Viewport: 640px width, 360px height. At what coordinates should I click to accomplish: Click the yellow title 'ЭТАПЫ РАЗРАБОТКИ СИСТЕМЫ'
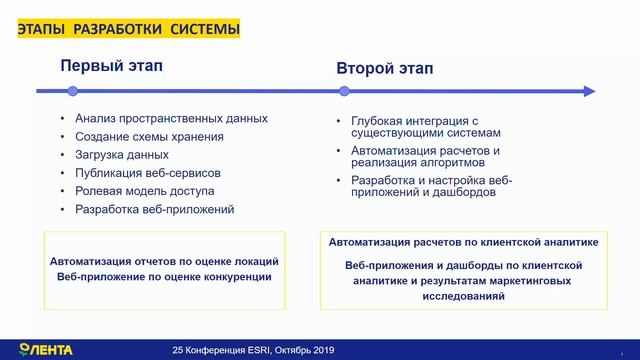coord(128,31)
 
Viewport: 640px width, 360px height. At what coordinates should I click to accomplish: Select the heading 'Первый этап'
coord(110,67)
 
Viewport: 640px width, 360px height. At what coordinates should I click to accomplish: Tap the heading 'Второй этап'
coord(384,69)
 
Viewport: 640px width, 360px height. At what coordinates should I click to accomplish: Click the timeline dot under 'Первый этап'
coord(72,91)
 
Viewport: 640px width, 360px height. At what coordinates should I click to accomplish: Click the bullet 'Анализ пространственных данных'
coord(171,118)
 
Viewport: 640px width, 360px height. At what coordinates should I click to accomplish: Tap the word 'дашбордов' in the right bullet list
coord(461,192)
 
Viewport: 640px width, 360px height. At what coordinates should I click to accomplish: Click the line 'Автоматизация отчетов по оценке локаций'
coord(164,261)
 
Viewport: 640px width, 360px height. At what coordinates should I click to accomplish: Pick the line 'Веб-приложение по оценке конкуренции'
coord(164,276)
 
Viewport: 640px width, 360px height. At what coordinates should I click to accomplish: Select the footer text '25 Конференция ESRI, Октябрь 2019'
coord(253,350)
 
